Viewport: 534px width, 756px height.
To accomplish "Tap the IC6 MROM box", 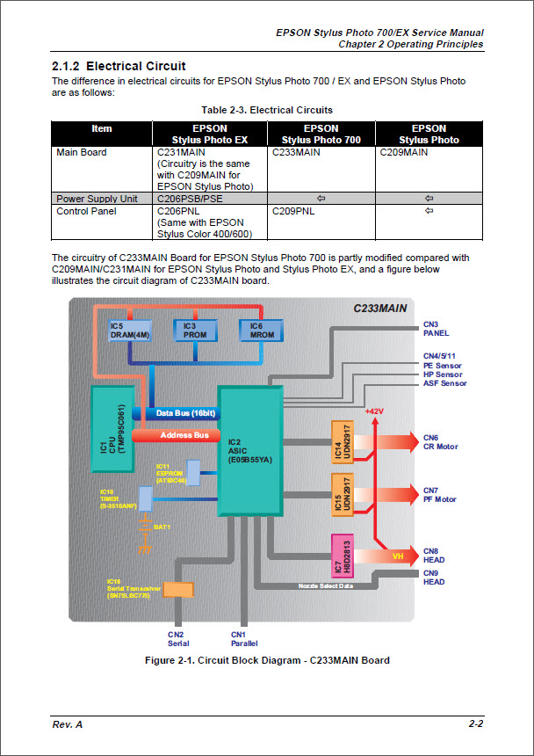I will (x=262, y=331).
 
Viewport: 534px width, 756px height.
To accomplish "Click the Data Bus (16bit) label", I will (x=185, y=413).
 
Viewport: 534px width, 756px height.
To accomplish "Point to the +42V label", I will (x=375, y=411).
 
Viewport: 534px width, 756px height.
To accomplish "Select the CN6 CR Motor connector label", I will (x=440, y=442).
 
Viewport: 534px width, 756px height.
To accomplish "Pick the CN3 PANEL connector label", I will (x=436, y=329).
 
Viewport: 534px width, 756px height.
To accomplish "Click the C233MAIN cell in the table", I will (x=296, y=152).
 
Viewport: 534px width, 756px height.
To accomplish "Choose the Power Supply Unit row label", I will (x=97, y=199).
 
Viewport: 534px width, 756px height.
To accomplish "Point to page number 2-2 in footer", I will (x=476, y=723).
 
